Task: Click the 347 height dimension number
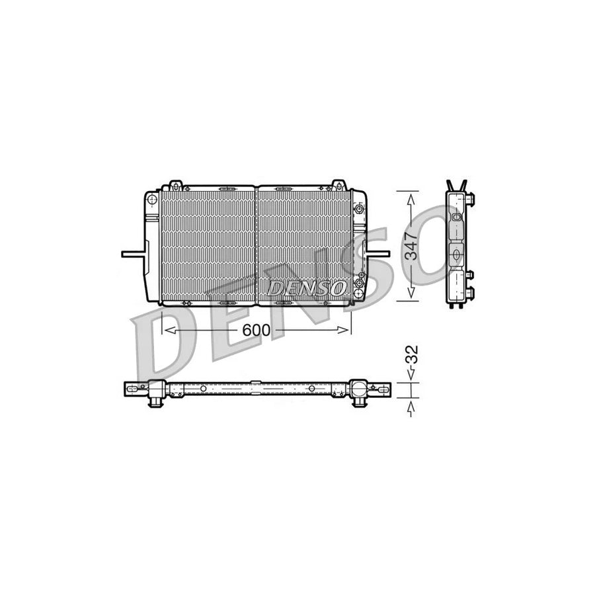(411, 245)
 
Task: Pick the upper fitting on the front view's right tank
(358, 210)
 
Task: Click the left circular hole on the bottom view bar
(204, 388)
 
